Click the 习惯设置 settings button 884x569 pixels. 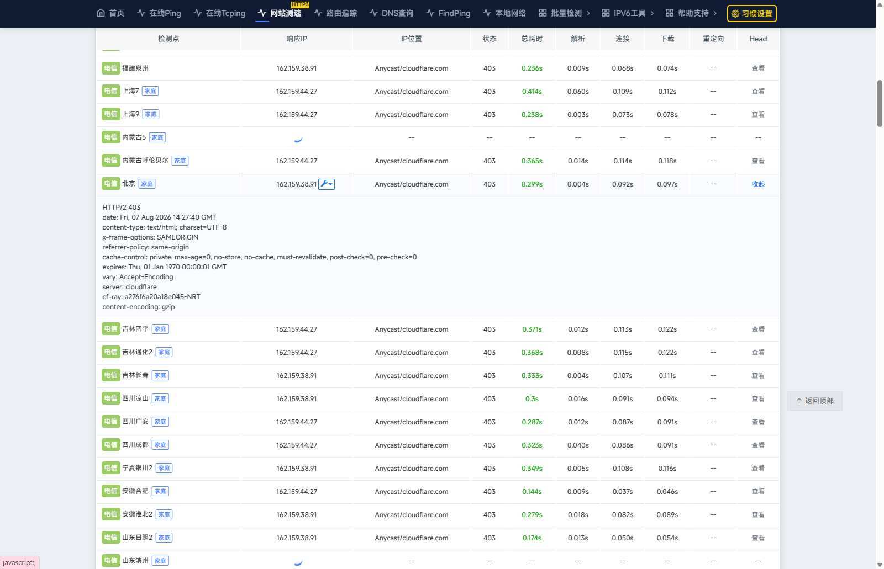(751, 13)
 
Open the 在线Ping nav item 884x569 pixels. (159, 13)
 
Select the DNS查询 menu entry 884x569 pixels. (392, 13)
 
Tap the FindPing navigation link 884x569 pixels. (448, 13)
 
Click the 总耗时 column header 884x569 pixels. (532, 39)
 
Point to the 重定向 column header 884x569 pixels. (713, 39)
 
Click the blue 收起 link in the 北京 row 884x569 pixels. (757, 184)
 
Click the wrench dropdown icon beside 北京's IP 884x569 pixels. (327, 184)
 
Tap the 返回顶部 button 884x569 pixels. (815, 401)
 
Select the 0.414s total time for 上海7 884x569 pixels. (532, 92)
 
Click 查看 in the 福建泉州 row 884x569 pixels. (757, 68)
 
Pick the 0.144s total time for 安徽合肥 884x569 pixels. (532, 492)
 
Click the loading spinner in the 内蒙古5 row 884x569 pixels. (298, 139)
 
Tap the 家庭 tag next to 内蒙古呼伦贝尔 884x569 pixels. (180, 161)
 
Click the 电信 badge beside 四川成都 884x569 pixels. (110, 445)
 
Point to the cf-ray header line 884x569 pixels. (151, 297)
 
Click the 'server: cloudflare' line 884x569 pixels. (129, 287)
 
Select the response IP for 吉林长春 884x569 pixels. (296, 376)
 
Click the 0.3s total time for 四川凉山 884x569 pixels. (532, 399)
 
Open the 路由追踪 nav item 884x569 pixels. (335, 13)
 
